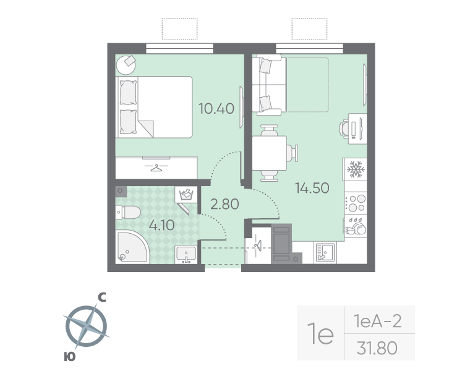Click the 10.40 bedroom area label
(216, 108)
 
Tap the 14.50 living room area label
(312, 188)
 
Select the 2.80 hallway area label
(224, 204)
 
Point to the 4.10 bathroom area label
(162, 225)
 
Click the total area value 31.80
(377, 348)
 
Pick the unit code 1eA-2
(377, 322)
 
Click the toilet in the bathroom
(128, 213)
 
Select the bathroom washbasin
(186, 254)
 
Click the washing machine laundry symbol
(186, 195)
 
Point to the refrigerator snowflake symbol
(356, 169)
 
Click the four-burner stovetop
(356, 203)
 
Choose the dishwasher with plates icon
(356, 226)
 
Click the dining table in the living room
(269, 153)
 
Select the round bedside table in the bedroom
(126, 65)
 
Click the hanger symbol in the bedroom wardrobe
(156, 168)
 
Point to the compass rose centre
(87, 325)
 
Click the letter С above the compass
(102, 297)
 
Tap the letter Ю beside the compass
(69, 357)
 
